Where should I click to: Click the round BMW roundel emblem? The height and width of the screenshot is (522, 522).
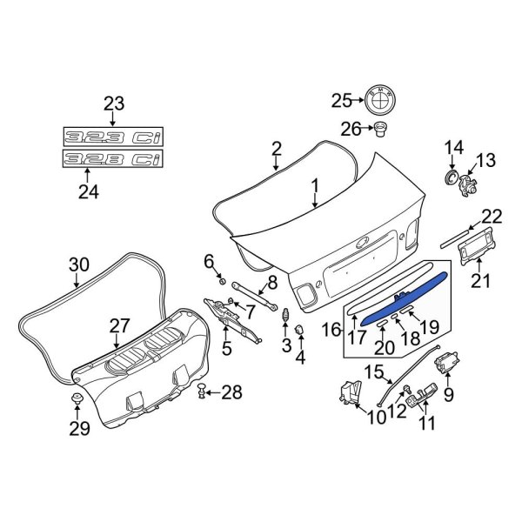pyautogui.click(x=379, y=100)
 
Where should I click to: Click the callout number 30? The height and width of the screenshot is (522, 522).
pyautogui.click(x=79, y=264)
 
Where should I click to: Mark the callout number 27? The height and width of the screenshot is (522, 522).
pyautogui.click(x=119, y=325)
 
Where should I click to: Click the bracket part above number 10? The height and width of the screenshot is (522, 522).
pyautogui.click(x=351, y=391)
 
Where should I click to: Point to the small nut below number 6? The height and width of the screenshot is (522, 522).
pyautogui.click(x=221, y=281)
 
